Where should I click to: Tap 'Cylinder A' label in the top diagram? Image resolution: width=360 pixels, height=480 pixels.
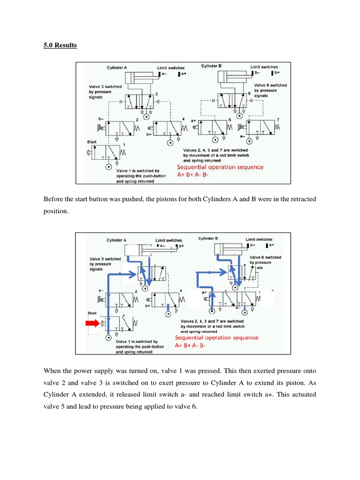[116, 67]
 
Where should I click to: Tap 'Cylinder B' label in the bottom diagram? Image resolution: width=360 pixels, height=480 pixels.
[208, 239]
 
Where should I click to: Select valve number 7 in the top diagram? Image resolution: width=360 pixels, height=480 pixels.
[277, 120]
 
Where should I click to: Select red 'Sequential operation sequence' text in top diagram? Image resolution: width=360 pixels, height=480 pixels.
[220, 167]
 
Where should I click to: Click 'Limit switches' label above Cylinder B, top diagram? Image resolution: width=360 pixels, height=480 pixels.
[264, 67]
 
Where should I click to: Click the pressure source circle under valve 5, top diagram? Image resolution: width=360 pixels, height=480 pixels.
[215, 140]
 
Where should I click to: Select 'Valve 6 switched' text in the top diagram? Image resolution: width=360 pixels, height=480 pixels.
[270, 85]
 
